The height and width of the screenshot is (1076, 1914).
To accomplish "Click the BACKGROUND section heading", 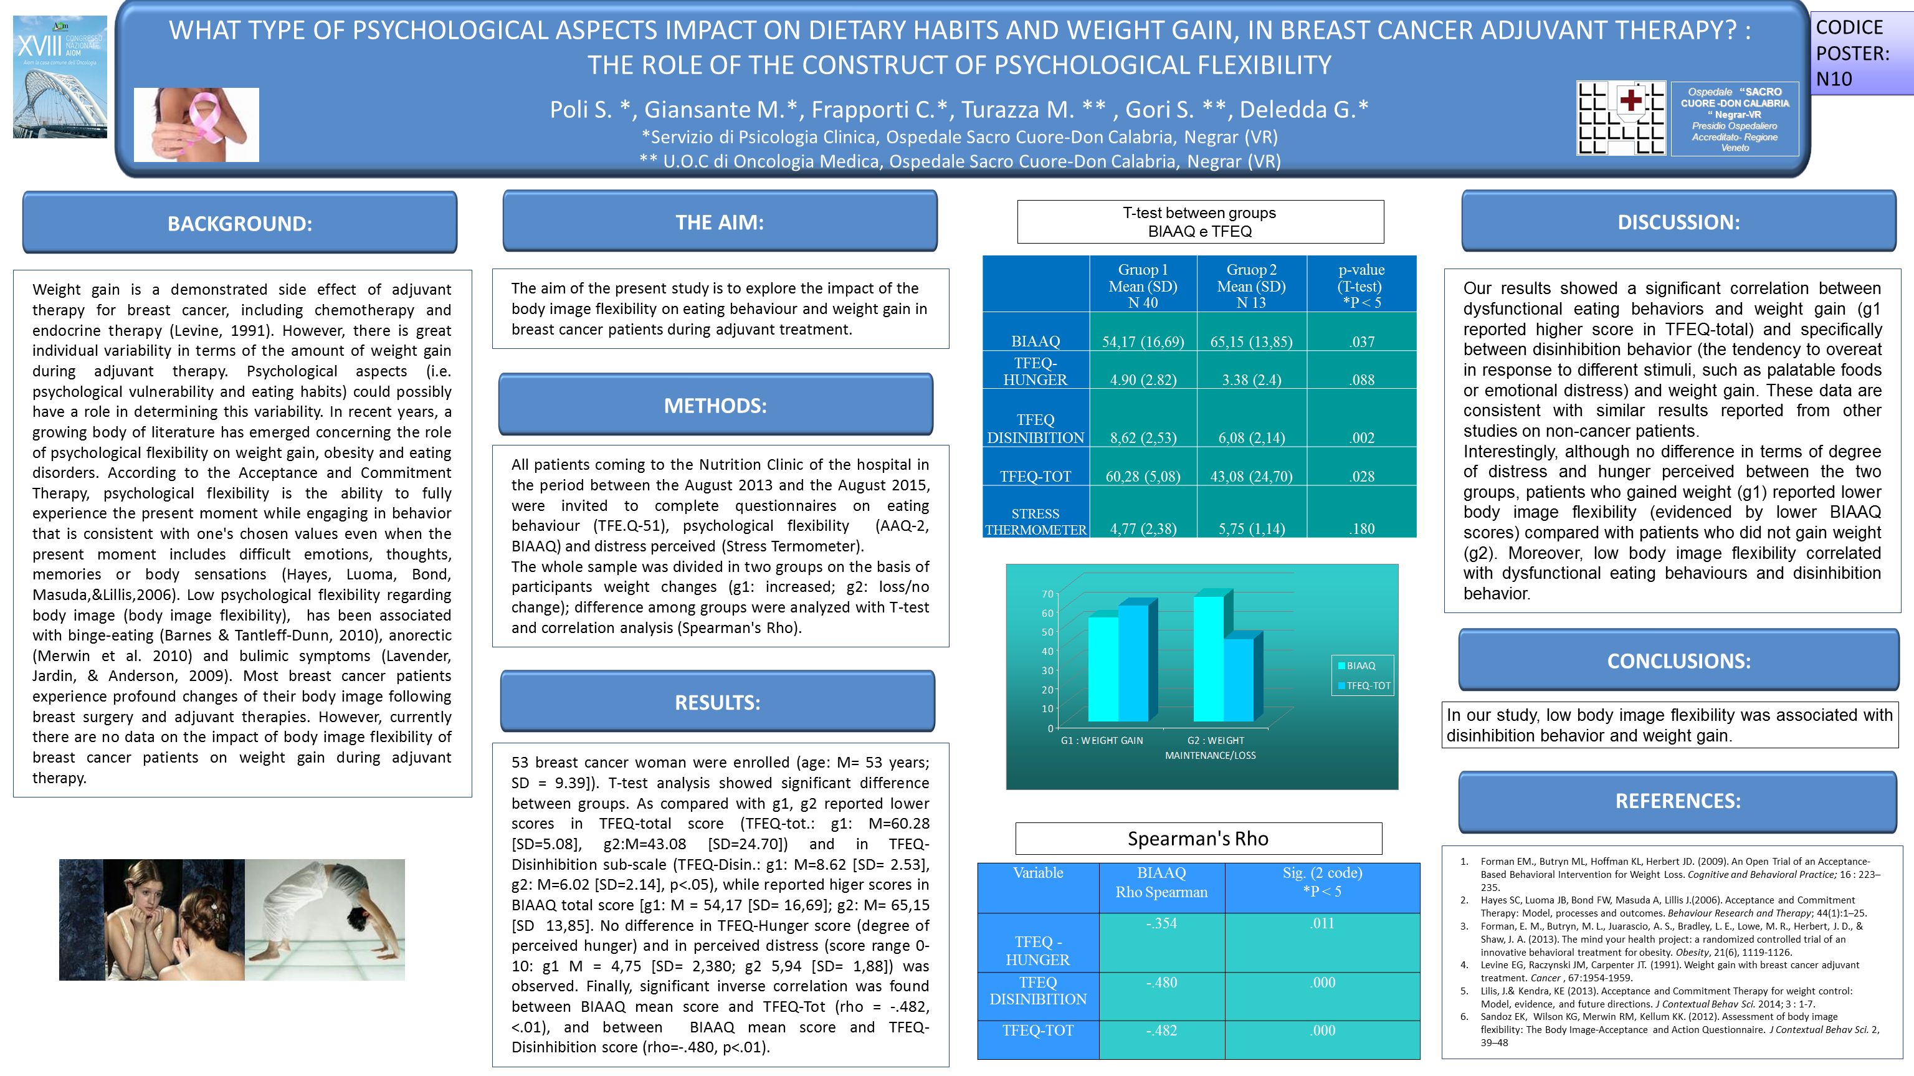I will [239, 223].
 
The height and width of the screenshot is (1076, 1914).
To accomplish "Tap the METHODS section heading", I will [715, 405].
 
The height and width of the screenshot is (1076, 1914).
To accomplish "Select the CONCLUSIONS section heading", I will [1678, 660].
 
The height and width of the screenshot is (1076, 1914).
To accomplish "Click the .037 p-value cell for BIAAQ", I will [1361, 342].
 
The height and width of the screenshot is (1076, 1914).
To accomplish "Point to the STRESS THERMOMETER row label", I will [1035, 521].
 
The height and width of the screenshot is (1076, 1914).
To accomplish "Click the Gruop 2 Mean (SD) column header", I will [1251, 285].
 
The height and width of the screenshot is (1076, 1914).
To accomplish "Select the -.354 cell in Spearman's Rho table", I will [1161, 924].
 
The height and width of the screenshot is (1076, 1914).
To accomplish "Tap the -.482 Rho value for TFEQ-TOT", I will [1161, 1031].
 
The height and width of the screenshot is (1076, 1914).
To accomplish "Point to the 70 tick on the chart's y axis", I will [1047, 594].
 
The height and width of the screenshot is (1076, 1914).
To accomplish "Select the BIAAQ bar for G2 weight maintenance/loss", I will [1208, 658].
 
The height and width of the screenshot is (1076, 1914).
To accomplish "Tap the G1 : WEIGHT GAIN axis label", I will [1102, 741].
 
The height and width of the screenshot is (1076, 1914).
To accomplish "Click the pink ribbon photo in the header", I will [196, 125].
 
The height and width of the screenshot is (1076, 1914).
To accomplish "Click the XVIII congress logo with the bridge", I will [59, 77].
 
